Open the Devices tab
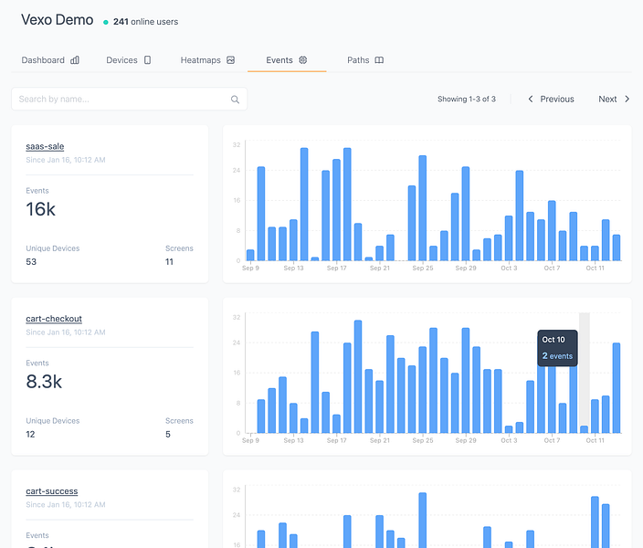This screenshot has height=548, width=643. coord(128,60)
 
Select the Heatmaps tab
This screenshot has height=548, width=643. coord(207,60)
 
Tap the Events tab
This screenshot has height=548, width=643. coord(286,60)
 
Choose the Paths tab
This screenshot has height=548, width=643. coord(364,60)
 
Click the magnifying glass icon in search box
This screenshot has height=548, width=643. coord(235,100)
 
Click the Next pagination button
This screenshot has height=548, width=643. coord(614,99)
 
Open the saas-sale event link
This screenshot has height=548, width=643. coord(45,146)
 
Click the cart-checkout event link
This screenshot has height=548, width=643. coord(54,319)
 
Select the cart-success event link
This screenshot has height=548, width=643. coord(52,491)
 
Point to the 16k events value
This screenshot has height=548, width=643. coord(40,210)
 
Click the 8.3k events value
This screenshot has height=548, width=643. coord(44,382)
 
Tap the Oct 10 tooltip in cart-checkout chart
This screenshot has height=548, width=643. coord(557,348)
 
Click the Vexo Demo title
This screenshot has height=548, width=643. coord(57,20)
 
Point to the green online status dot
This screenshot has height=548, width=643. coord(106,22)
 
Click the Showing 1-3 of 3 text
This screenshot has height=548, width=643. coord(466,99)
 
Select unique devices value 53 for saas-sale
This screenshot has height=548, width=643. coord(31,262)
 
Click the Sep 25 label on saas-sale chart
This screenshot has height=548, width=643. coord(422,269)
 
